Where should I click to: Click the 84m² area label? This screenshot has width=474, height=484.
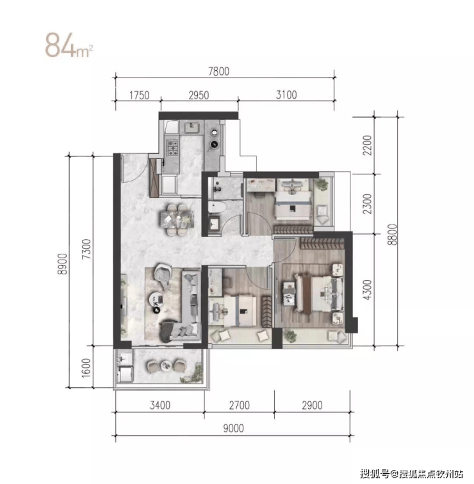pyautogui.click(x=69, y=45)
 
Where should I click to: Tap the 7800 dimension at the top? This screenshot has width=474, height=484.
pyautogui.click(x=218, y=71)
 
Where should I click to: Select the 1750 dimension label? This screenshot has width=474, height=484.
pyautogui.click(x=139, y=95)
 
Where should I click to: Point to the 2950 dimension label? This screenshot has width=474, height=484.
pyautogui.click(x=199, y=95)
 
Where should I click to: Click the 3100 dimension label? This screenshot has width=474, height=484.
pyautogui.click(x=286, y=94)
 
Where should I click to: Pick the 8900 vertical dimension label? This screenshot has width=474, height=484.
pyautogui.click(x=62, y=264)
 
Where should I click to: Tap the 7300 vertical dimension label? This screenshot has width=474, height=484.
pyautogui.click(x=86, y=249)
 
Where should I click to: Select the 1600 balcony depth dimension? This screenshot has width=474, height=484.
pyautogui.click(x=86, y=367)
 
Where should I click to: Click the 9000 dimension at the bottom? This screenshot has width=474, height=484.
pyautogui.click(x=233, y=428)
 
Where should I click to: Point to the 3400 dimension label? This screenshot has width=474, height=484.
pyautogui.click(x=159, y=405)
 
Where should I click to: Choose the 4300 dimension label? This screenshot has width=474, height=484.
pyautogui.click(x=367, y=290)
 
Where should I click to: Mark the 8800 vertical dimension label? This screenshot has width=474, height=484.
pyautogui.click(x=392, y=235)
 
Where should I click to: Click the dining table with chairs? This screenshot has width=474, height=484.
pyautogui.click(x=177, y=219)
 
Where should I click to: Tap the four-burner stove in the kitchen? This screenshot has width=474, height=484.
pyautogui.click(x=172, y=148)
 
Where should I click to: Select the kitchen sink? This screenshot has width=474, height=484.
pyautogui.click(x=192, y=127)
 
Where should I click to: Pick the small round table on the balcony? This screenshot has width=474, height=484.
pyautogui.click(x=167, y=366)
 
